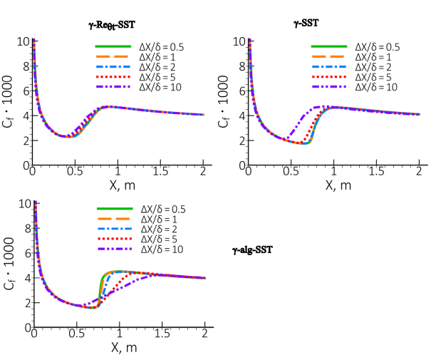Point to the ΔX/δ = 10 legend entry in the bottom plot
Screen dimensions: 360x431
tap(160, 250)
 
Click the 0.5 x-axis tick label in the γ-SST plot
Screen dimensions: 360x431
tap(290, 173)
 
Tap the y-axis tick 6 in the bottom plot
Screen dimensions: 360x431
tap(25, 252)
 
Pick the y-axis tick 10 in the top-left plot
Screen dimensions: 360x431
tap(23, 41)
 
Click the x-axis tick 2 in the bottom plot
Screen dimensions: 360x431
tap(204, 336)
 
